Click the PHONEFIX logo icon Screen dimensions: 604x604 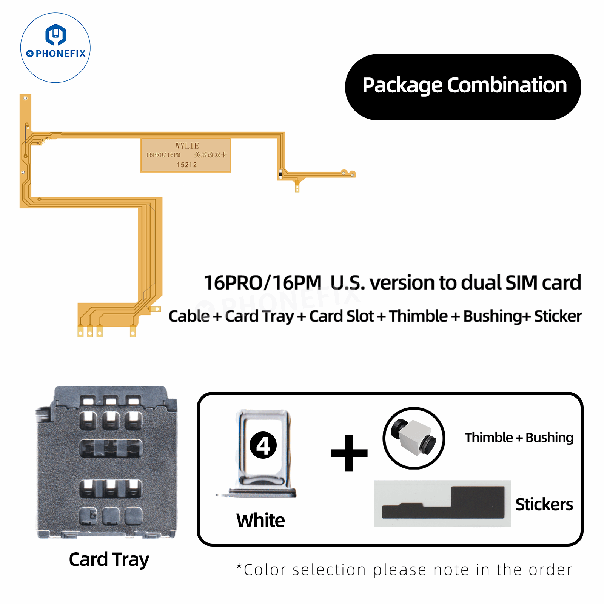pyautogui.click(x=56, y=35)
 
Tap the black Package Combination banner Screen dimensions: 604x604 pyautogui.click(x=463, y=87)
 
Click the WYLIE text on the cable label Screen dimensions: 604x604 pyautogui.click(x=187, y=146)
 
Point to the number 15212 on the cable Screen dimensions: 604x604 pyautogui.click(x=186, y=165)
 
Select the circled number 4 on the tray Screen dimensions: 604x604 pyautogui.click(x=263, y=445)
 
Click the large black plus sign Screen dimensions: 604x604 pyautogui.click(x=349, y=453)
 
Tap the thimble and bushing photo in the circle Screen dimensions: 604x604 pyautogui.click(x=414, y=438)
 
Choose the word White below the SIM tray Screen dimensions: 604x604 pyautogui.click(x=260, y=520)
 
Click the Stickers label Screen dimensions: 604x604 pyautogui.click(x=544, y=504)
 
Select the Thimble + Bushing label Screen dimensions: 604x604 pyautogui.click(x=519, y=438)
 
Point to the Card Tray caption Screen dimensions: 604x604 pyautogui.click(x=109, y=559)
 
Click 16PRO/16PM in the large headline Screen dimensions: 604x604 pyautogui.click(x=262, y=283)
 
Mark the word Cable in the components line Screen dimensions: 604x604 pyautogui.click(x=189, y=316)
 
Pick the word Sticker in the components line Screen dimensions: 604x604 pyautogui.click(x=558, y=316)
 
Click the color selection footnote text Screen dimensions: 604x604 pyautogui.click(x=404, y=570)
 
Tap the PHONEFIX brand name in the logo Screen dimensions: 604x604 pyautogui.click(x=60, y=54)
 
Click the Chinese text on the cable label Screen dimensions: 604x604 pyautogui.click(x=211, y=155)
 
